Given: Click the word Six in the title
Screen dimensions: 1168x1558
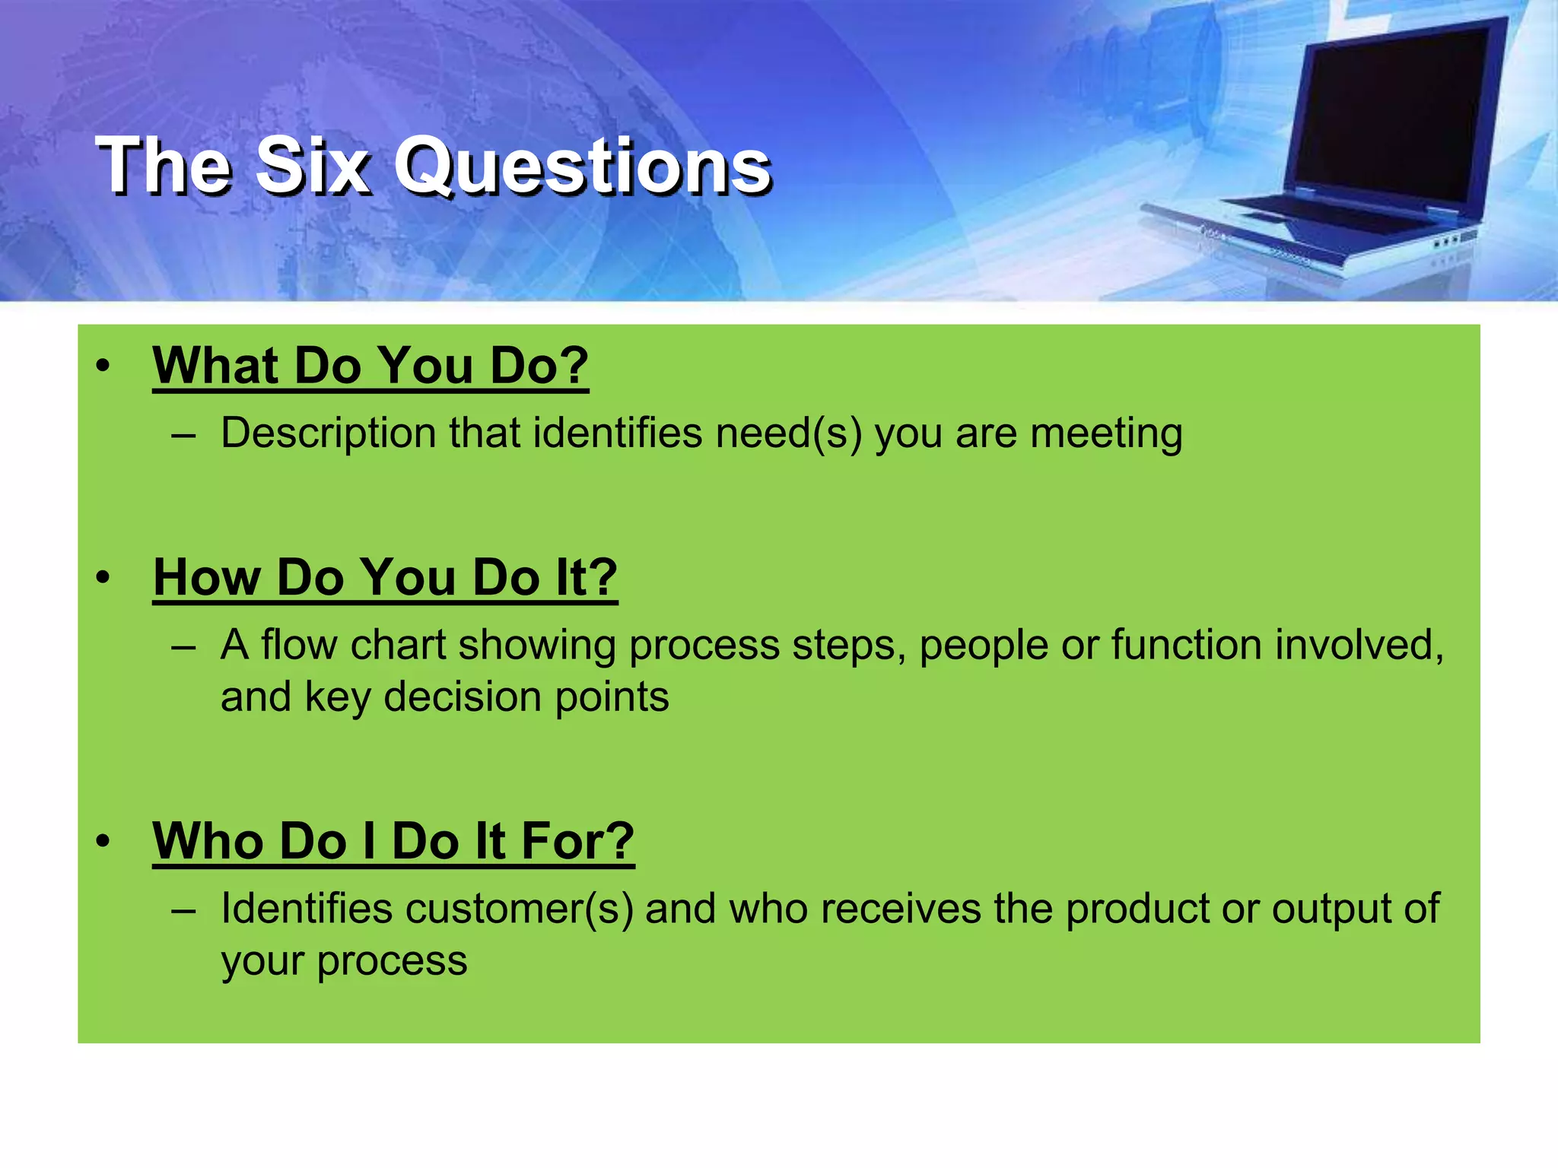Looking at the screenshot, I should (x=313, y=166).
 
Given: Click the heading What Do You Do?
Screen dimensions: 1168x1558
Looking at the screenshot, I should (x=370, y=367).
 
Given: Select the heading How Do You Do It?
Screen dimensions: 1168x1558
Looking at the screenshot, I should (x=385, y=578).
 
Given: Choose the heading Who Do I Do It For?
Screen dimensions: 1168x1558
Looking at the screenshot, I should (x=393, y=842).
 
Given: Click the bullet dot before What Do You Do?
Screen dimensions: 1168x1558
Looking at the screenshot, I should (x=103, y=367).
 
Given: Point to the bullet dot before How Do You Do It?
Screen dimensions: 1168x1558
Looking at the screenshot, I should (x=103, y=578).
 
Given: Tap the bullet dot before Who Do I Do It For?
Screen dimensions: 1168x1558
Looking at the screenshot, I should (x=103, y=842).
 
